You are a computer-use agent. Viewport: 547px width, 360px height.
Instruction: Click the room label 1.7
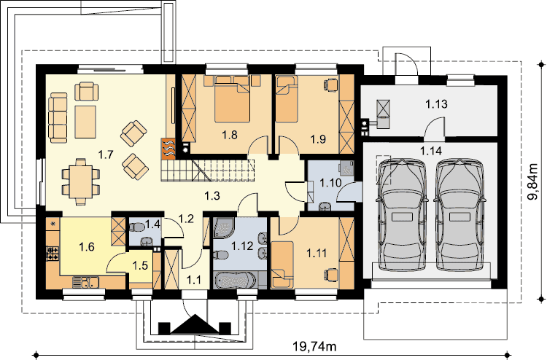(106, 154)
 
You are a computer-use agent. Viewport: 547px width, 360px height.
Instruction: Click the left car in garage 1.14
(402, 215)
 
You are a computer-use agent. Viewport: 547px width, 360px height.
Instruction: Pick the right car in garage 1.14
(459, 215)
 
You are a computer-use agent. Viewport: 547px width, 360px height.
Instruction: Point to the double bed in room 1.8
(232, 99)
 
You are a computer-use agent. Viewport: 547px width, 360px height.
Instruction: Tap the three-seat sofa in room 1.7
(58, 117)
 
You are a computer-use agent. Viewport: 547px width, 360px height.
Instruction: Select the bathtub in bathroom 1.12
(236, 280)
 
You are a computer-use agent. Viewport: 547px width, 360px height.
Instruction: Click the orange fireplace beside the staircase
(168, 149)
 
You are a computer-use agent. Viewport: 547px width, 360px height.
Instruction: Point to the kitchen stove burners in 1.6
(53, 254)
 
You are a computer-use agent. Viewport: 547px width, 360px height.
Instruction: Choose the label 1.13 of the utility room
(436, 104)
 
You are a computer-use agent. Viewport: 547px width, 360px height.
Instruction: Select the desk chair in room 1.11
(333, 274)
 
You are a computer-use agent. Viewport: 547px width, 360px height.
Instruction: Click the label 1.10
(330, 182)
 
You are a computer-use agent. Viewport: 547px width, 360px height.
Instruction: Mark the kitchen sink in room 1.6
(85, 282)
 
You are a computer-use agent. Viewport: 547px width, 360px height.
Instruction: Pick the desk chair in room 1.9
(331, 84)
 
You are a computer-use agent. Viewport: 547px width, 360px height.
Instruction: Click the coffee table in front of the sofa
(85, 122)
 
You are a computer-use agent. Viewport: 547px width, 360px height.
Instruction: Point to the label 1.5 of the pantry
(140, 265)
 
